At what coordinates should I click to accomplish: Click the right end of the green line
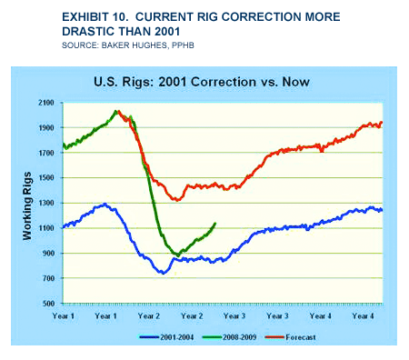[x=215, y=224]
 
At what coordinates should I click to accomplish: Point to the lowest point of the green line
[x=179, y=255]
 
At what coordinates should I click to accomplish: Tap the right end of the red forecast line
[x=382, y=123]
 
